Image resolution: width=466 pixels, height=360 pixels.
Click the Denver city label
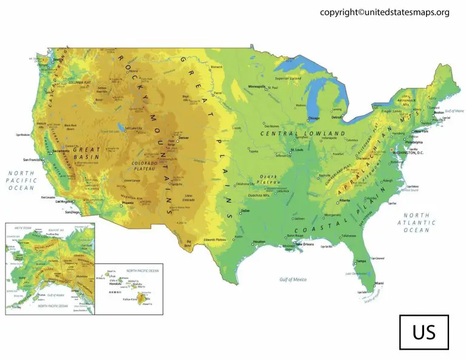[184, 138]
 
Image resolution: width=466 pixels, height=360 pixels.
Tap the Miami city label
[379, 284]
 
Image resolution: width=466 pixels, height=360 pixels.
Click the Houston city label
[259, 242]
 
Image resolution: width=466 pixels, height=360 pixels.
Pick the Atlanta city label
[345, 200]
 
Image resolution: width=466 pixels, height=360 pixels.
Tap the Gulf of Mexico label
[293, 279]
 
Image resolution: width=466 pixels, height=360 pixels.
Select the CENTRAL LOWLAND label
[302, 133]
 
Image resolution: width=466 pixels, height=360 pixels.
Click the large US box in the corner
[424, 333]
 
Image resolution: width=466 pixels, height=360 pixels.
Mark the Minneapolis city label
[257, 87]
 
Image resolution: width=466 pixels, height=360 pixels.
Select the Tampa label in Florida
[360, 261]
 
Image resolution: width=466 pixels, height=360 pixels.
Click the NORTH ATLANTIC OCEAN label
[417, 223]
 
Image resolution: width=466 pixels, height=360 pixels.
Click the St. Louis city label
[297, 149]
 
